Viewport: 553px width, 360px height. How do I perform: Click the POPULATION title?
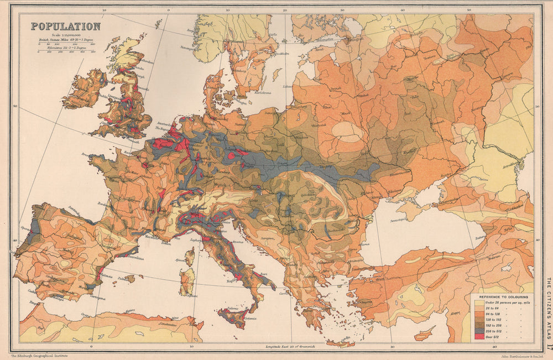(x=65, y=26)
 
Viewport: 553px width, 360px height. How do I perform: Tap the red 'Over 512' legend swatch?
(x=477, y=337)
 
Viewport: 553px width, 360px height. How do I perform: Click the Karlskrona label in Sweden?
(x=265, y=92)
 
